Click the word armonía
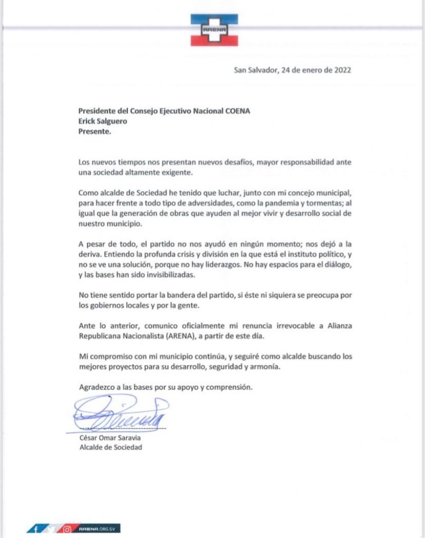(x=266, y=367)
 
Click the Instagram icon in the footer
(x=67, y=529)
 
